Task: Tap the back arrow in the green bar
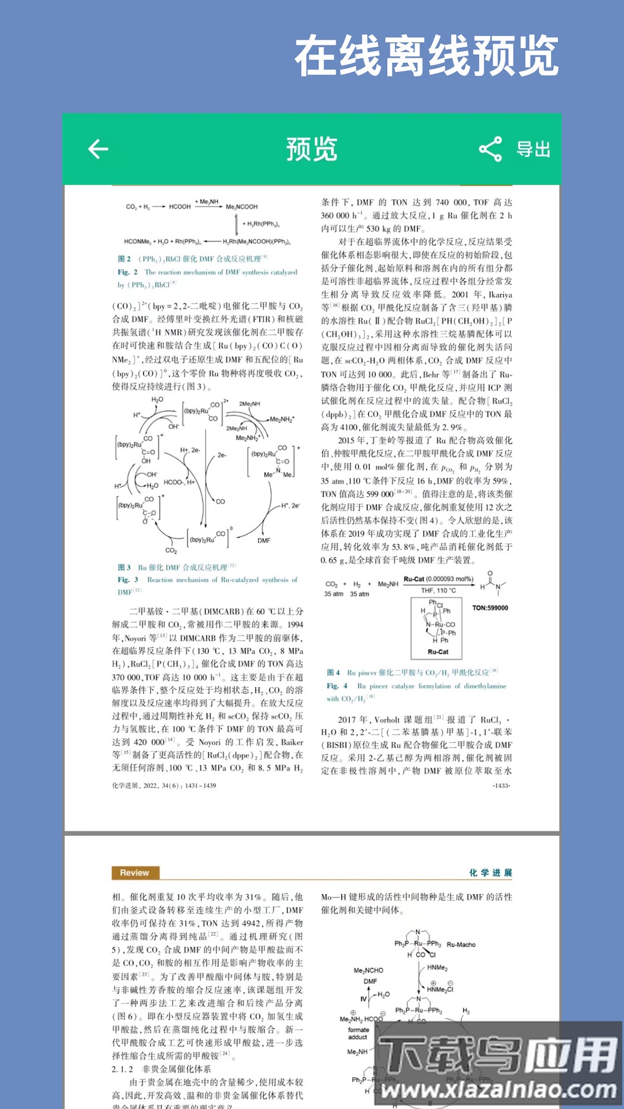[x=98, y=149]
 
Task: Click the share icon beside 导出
[x=491, y=149]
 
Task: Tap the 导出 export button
[x=533, y=149]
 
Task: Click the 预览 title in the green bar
[x=312, y=149]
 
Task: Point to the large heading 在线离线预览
[x=426, y=55]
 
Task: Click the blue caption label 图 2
[x=124, y=259]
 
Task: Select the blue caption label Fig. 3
[x=128, y=579]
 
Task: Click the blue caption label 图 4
[x=333, y=672]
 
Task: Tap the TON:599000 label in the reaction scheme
[x=490, y=608]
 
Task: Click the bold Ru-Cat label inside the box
[x=438, y=652]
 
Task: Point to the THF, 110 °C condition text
[x=438, y=590]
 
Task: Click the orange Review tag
[x=135, y=873]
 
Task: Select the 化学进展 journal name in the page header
[x=491, y=873]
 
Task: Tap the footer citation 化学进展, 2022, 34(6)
[x=164, y=786]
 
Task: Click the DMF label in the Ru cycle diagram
[x=264, y=541]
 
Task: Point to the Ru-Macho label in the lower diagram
[x=461, y=944]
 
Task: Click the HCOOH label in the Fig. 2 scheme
[x=180, y=206]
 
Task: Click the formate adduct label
[x=358, y=1033]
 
